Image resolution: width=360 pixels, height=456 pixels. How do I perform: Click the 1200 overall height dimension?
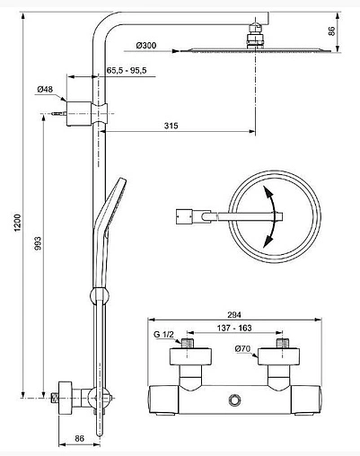pos(18,223)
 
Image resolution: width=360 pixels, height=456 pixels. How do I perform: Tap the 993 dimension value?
pos(38,243)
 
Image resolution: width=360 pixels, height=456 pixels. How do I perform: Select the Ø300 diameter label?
pos(146,46)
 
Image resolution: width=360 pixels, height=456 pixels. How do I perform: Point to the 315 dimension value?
pos(171,126)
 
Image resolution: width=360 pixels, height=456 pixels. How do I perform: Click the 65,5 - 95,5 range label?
pos(127,71)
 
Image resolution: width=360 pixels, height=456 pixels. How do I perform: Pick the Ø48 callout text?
pos(45,89)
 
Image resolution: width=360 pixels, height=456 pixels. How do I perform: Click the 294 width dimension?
pos(234,315)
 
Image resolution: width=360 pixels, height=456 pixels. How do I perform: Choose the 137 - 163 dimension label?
pos(234,328)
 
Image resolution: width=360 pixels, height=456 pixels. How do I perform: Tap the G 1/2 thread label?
pos(163,335)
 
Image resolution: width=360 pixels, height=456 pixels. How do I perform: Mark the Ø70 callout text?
pos(242,348)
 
